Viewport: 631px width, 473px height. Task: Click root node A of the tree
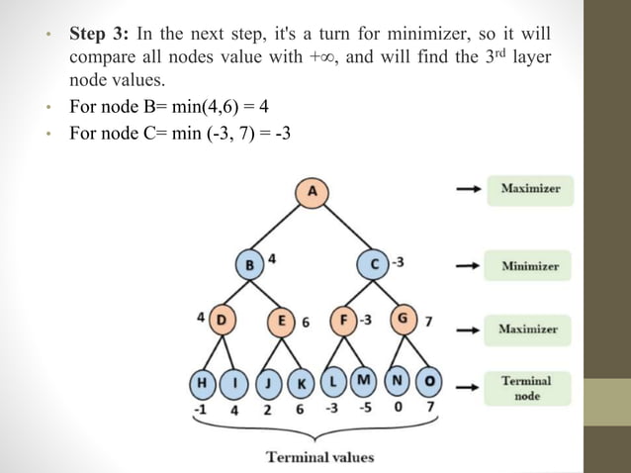pyautogui.click(x=313, y=192)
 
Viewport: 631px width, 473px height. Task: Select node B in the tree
pyautogui.click(x=250, y=264)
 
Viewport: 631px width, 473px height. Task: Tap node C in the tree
pyautogui.click(x=375, y=264)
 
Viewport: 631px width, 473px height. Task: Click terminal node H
pyautogui.click(x=203, y=382)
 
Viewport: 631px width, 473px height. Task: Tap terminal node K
pyautogui.click(x=300, y=382)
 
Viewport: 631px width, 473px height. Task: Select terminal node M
pyautogui.click(x=364, y=381)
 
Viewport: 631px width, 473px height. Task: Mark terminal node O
pyautogui.click(x=429, y=381)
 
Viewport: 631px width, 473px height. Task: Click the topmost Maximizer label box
pyautogui.click(x=529, y=188)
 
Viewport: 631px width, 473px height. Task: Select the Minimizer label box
pyautogui.click(x=529, y=266)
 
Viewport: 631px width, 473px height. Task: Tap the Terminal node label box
pyautogui.click(x=526, y=388)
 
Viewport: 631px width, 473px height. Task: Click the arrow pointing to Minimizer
pyautogui.click(x=467, y=266)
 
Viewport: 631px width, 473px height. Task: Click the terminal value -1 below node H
pyautogui.click(x=201, y=409)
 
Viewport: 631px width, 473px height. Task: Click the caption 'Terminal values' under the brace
pyautogui.click(x=319, y=456)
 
